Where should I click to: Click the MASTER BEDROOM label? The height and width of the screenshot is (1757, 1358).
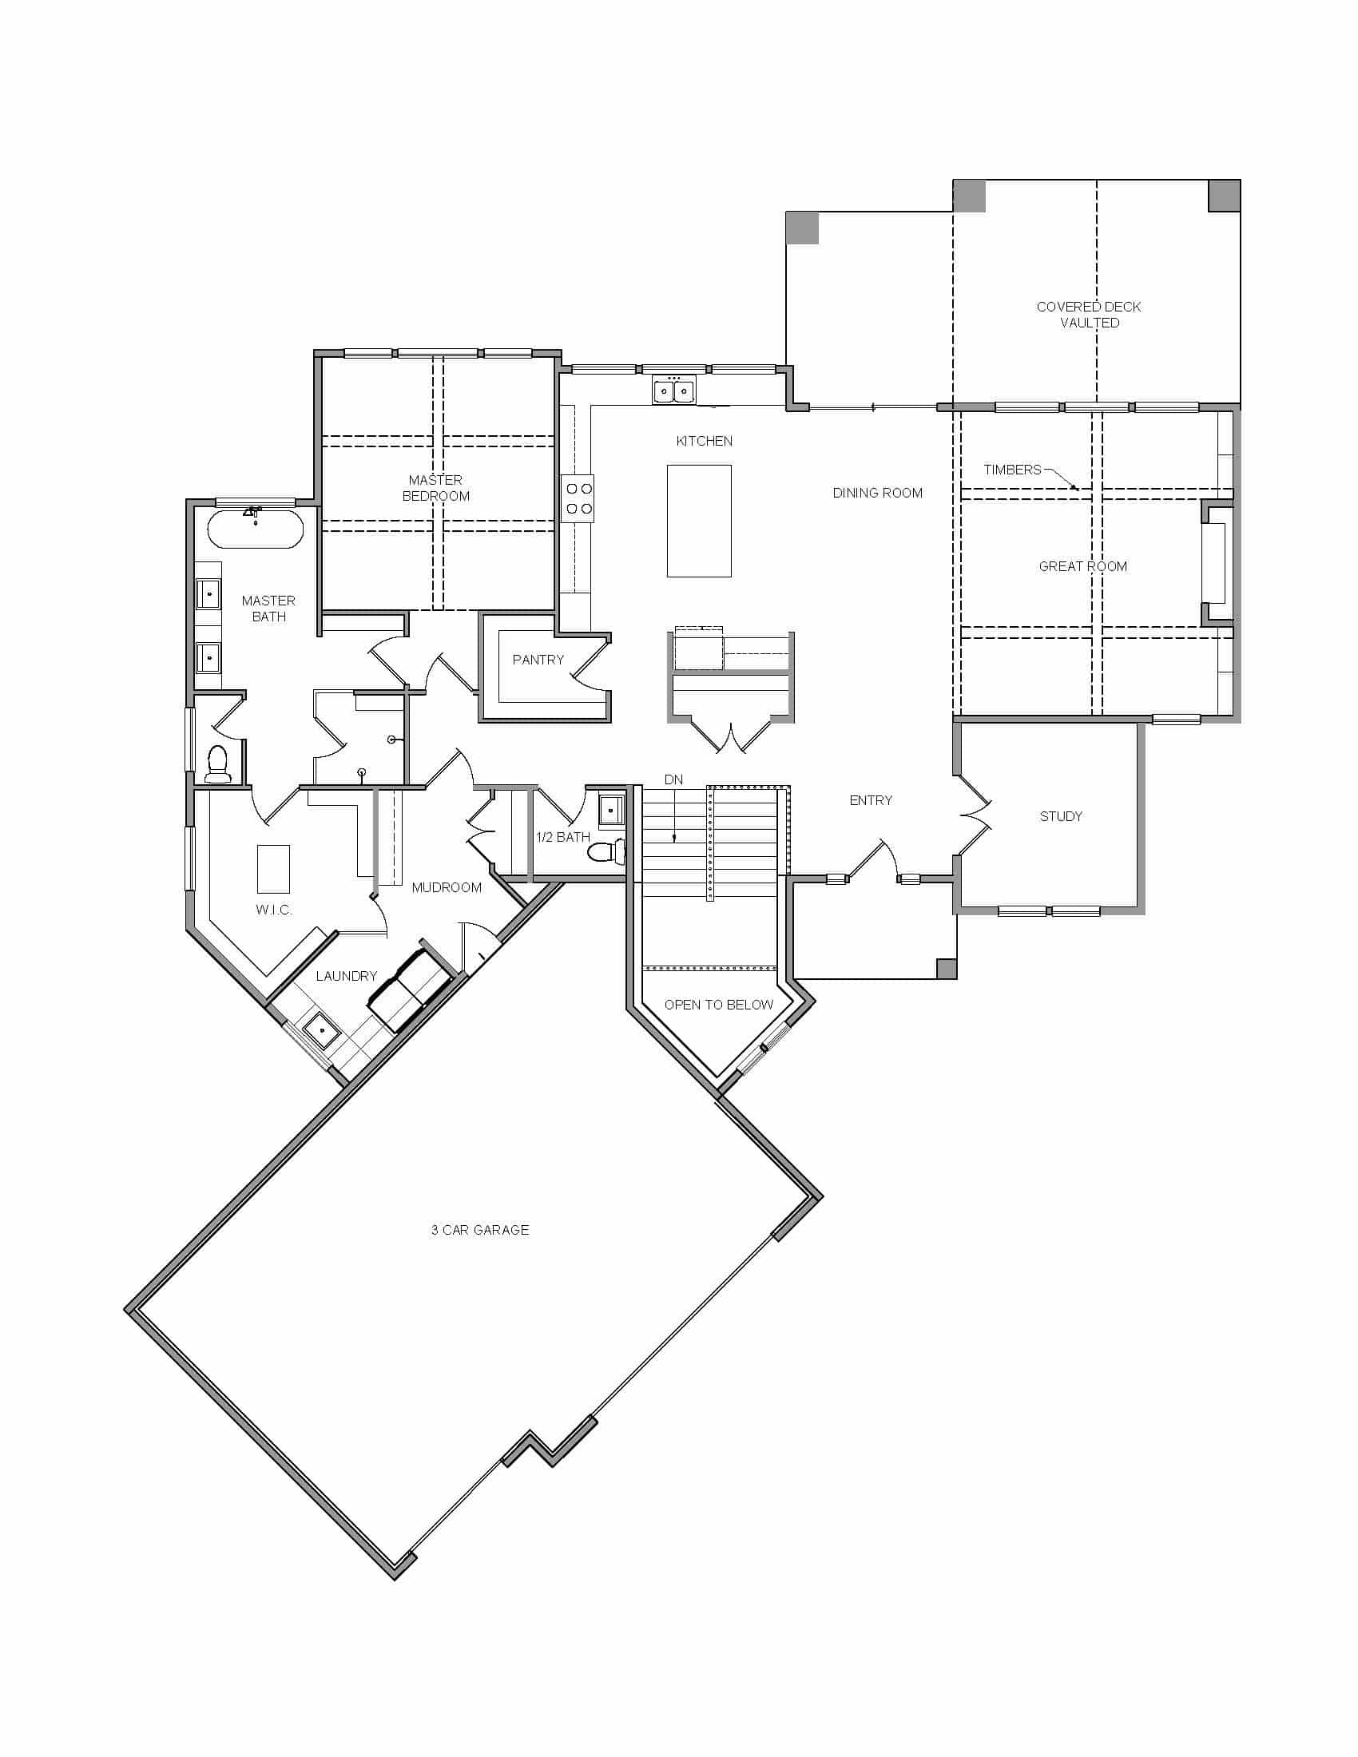tap(435, 487)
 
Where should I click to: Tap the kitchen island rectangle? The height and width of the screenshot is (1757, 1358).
tap(698, 521)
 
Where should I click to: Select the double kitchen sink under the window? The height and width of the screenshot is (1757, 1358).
tap(673, 391)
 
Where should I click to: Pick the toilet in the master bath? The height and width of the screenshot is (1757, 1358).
tap(218, 763)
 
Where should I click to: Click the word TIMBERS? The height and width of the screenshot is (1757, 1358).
tap(1011, 470)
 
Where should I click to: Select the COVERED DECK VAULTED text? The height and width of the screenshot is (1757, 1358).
tap(1089, 315)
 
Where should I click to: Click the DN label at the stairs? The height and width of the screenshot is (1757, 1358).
tap(673, 779)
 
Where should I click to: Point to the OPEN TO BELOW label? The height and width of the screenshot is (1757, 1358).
tap(718, 1004)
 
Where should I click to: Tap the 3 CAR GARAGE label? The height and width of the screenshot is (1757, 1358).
tap(479, 1229)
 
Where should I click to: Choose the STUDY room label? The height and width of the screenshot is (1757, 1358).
tap(1060, 815)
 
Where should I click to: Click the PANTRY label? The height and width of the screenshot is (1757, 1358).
tap(538, 660)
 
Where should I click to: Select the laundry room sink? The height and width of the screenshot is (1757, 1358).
tap(320, 1030)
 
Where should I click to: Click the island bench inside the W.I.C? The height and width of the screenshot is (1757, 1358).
tap(272, 868)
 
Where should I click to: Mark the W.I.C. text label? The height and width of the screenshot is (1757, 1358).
tap(273, 910)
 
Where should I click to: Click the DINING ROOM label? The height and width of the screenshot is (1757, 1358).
tap(877, 492)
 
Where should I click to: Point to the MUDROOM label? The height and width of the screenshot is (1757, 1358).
tap(447, 887)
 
